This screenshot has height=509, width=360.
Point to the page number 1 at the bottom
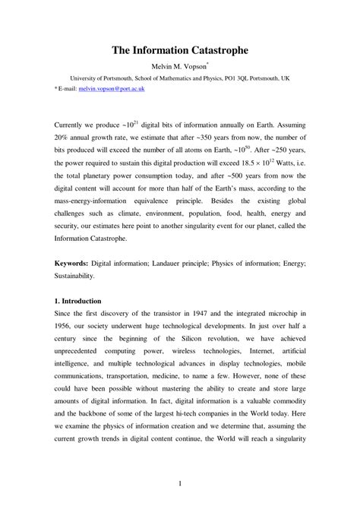(180, 484)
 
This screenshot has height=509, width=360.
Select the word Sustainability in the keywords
(75, 275)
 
